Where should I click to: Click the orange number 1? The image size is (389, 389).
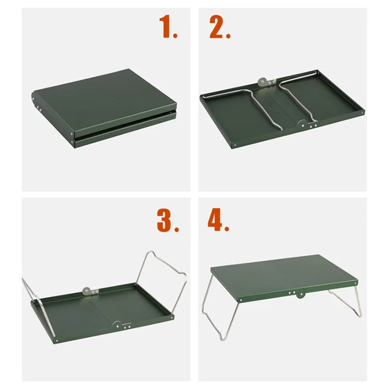click(168, 27)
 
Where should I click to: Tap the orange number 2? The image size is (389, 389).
click(219, 27)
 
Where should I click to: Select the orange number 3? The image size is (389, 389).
click(167, 221)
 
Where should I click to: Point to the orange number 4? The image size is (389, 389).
click(218, 221)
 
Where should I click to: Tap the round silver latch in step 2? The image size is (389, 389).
click(263, 82)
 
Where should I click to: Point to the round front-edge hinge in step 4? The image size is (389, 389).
click(298, 295)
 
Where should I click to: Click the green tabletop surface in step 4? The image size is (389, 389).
click(283, 272)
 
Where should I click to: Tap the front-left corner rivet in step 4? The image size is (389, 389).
click(242, 299)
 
